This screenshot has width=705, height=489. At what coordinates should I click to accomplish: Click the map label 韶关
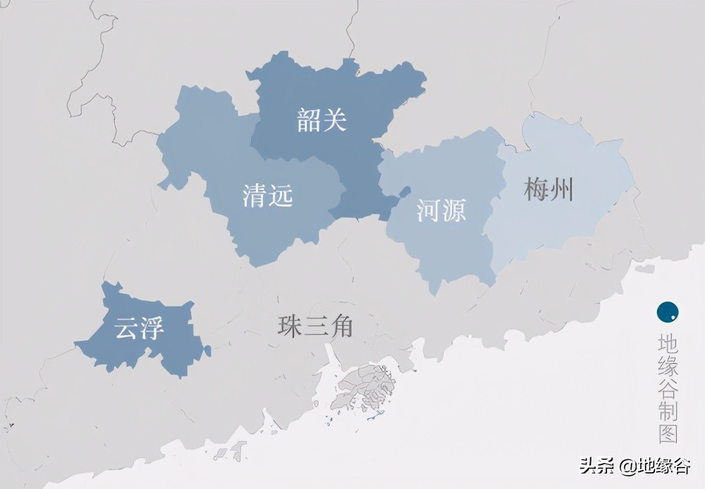321,121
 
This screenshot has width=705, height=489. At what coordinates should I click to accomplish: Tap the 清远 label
267,195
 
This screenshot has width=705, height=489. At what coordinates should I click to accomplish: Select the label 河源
441,210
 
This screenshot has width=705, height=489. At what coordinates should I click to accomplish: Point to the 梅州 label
548,190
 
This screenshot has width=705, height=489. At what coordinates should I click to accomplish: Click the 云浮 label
140,329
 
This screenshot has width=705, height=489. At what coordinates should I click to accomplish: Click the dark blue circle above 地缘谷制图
667,311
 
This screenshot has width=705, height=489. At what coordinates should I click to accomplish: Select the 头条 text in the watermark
595,466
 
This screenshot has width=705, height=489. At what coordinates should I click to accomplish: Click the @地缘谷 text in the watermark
655,466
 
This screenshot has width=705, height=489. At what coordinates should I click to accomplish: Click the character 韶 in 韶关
309,121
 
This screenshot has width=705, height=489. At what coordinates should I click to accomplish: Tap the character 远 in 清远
281,195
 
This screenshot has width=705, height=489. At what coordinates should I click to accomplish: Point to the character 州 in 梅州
562,190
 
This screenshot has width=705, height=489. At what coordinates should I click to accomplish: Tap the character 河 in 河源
428,210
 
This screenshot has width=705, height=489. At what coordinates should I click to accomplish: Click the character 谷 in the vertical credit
667,388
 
